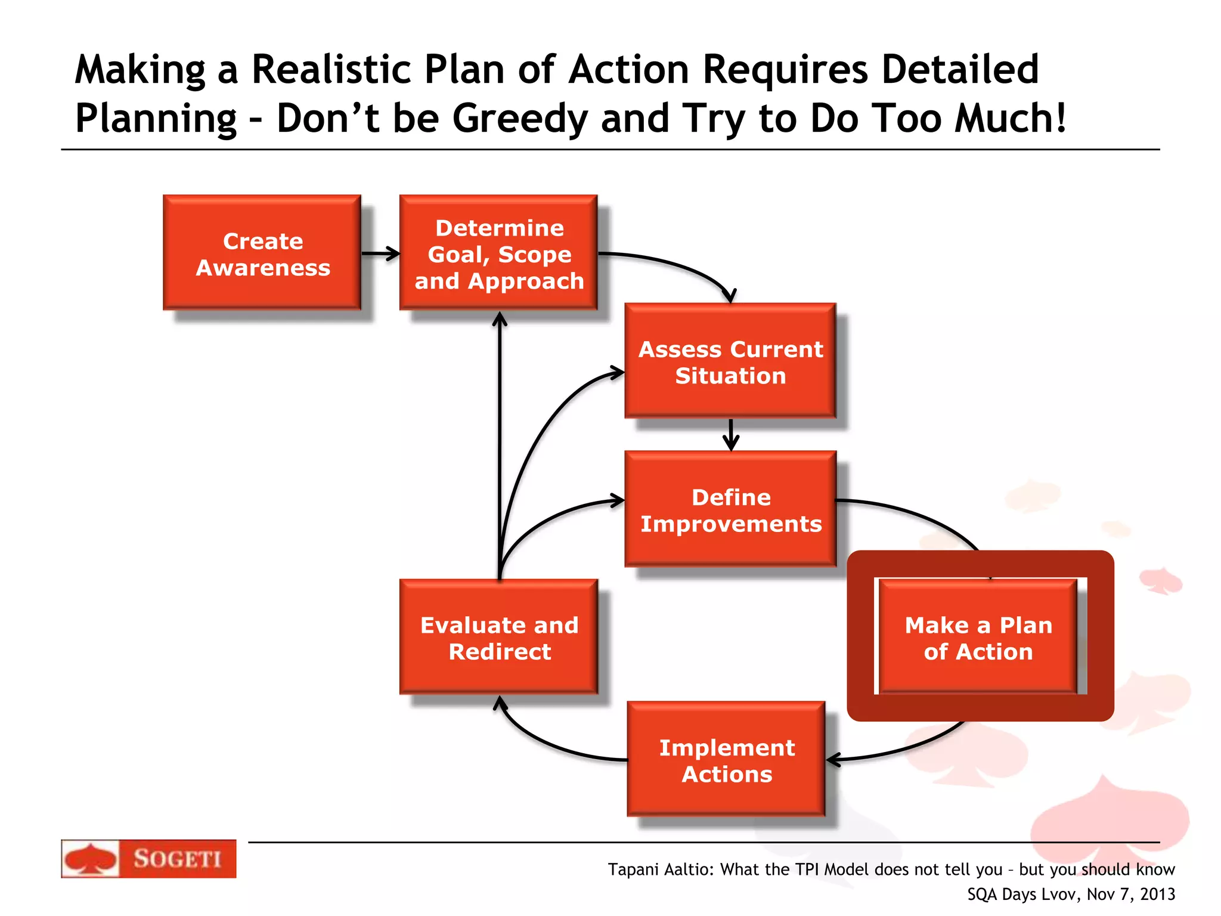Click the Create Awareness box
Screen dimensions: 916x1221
pos(262,253)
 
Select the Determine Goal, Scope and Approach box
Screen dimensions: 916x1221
pos(498,253)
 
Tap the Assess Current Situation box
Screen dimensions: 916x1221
pos(730,361)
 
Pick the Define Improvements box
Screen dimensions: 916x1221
pos(730,510)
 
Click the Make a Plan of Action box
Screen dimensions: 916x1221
pos(978,638)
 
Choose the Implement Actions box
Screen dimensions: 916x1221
pos(726,760)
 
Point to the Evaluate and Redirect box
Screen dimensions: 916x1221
pos(498,638)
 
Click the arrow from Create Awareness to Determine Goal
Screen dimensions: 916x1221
pos(380,253)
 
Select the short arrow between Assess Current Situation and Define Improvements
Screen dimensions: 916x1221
pos(730,435)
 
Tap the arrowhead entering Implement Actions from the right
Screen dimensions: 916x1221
pos(833,760)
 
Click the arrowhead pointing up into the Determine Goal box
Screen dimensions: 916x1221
pos(500,320)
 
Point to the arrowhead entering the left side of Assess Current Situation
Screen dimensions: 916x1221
pos(618,373)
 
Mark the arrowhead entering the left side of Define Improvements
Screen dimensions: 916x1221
pos(618,500)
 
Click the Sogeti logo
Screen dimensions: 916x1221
pos(148,859)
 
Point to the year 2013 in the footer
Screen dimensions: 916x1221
pos(1157,895)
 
